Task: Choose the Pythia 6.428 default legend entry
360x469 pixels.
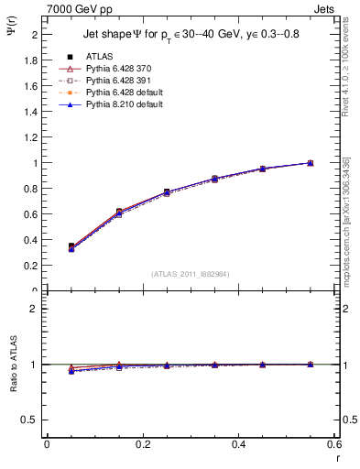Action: click(116, 93)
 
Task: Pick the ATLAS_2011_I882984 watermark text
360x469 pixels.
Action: click(190, 274)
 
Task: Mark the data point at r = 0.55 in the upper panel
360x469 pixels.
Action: click(310, 163)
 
